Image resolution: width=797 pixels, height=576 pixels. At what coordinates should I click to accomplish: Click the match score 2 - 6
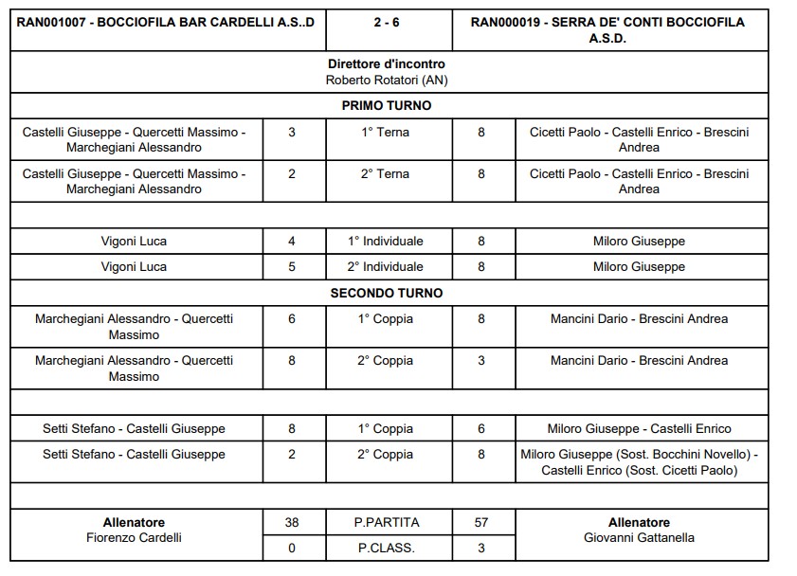(x=386, y=22)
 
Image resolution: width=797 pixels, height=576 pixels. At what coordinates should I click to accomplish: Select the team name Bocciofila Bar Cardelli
(x=166, y=22)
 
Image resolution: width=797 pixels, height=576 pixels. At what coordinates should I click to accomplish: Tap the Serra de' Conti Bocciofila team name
(x=607, y=29)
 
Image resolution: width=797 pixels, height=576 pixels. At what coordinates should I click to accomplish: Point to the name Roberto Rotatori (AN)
(x=386, y=81)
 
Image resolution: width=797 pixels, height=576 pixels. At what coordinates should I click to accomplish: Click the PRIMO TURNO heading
(x=386, y=106)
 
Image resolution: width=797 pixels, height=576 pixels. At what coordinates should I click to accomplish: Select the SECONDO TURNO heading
(x=386, y=293)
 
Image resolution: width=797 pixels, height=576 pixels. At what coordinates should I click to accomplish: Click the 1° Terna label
(x=386, y=133)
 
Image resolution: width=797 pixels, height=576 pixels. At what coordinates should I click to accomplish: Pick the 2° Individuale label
(x=386, y=267)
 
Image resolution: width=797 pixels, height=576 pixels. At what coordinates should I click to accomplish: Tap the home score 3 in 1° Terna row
(x=291, y=133)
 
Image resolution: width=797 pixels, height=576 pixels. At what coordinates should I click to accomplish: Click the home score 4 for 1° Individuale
(x=291, y=242)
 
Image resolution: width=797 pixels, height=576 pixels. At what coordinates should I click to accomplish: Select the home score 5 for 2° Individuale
(x=291, y=267)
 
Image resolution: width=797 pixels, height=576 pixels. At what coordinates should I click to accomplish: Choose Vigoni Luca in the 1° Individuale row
(x=134, y=242)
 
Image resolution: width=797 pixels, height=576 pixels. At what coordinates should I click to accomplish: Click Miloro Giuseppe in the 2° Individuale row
(x=639, y=267)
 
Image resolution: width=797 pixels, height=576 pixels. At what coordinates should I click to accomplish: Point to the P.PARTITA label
(x=386, y=522)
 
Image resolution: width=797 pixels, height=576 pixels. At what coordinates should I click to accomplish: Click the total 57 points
(x=481, y=522)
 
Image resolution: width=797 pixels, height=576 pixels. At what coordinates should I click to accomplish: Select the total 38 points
(x=291, y=522)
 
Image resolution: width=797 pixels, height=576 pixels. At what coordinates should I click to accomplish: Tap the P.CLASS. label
(x=386, y=548)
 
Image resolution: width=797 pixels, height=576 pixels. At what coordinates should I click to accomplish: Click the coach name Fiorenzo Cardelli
(x=134, y=538)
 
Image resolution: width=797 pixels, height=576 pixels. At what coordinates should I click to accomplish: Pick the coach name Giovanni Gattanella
(x=639, y=538)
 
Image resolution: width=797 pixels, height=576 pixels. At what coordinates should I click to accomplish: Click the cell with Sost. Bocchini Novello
(x=639, y=462)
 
